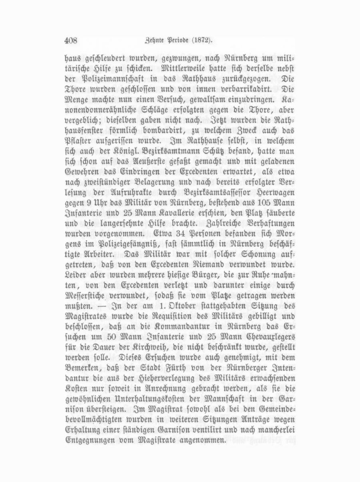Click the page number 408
tap(71, 41)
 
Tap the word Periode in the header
tap(178, 41)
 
